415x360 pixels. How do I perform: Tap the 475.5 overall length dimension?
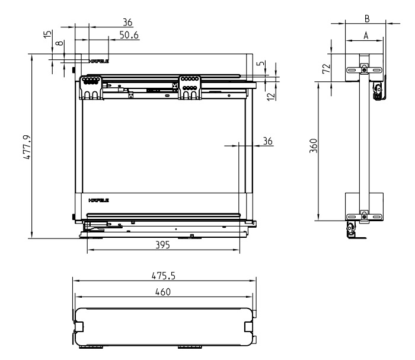click(x=164, y=276)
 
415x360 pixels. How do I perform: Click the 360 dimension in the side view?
click(x=314, y=146)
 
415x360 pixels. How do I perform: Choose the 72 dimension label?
click(x=325, y=68)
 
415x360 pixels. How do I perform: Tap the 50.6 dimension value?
click(x=129, y=35)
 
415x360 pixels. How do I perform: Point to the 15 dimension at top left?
click(x=47, y=35)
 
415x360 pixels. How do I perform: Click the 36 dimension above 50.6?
click(x=127, y=21)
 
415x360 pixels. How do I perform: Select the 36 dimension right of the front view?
click(x=267, y=141)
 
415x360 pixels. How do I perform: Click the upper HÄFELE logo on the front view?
click(x=98, y=60)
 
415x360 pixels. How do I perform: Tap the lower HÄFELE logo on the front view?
click(x=98, y=201)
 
